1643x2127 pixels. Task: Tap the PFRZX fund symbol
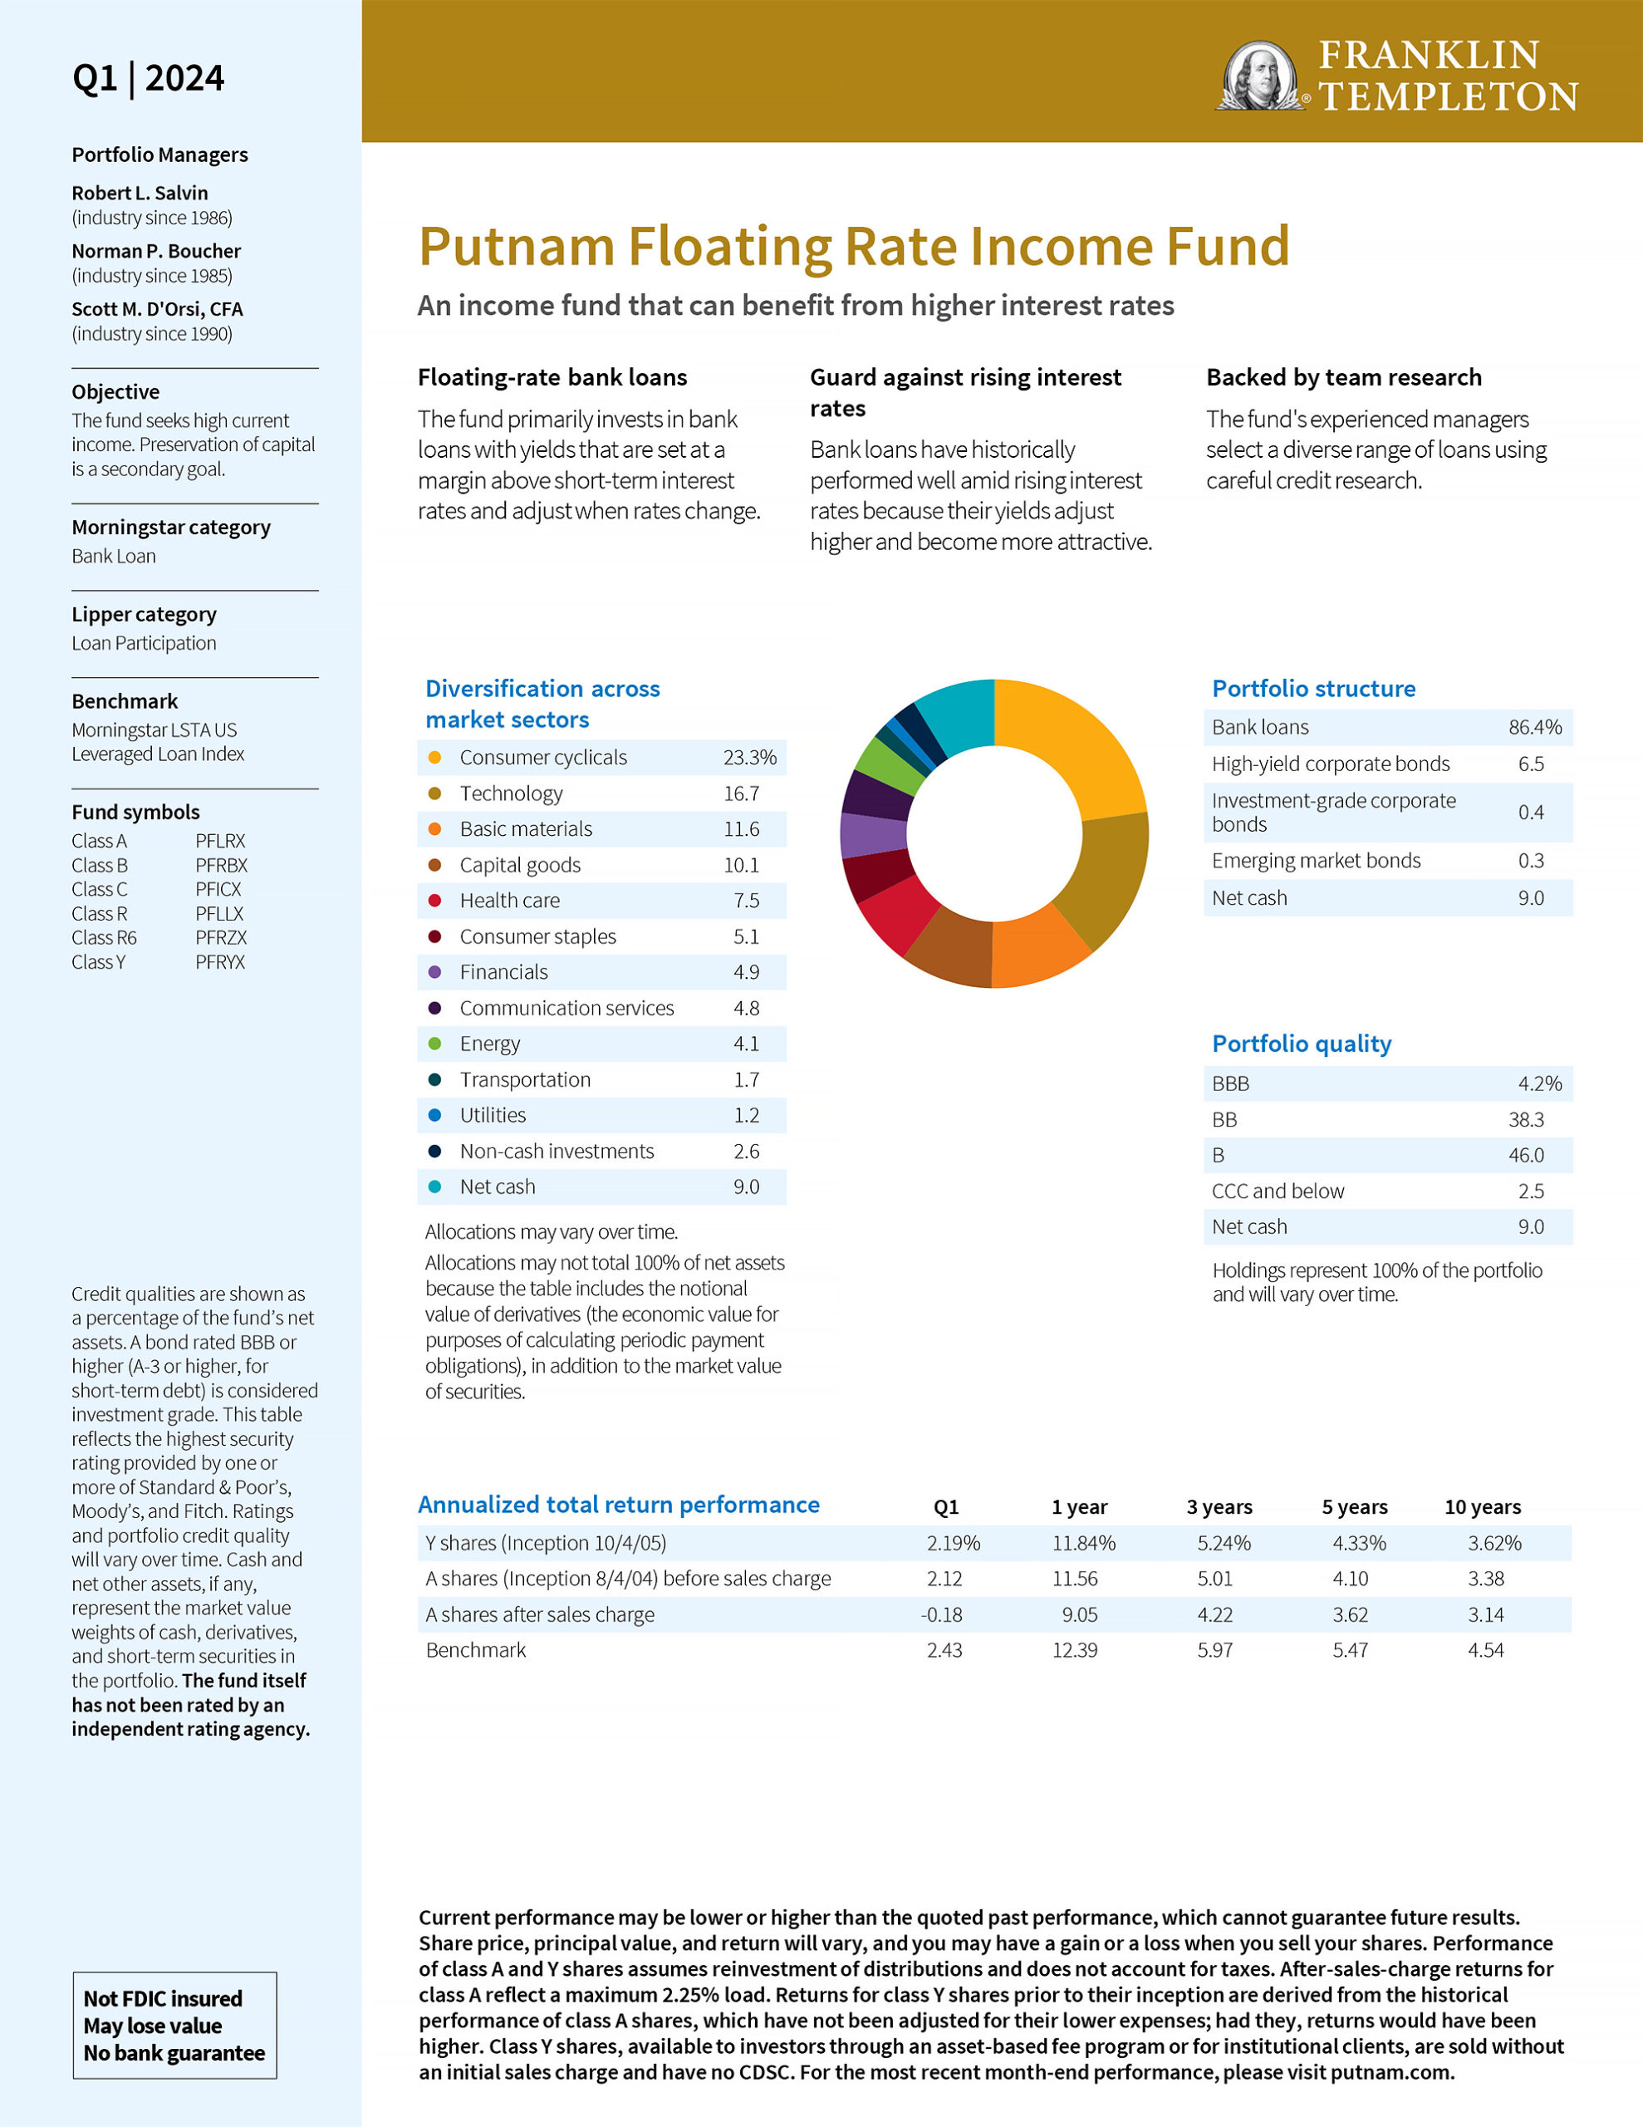click(x=221, y=937)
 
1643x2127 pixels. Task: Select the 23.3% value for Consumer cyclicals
click(x=749, y=757)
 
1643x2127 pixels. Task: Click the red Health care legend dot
click(x=434, y=901)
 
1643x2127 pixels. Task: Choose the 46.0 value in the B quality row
click(x=1526, y=1155)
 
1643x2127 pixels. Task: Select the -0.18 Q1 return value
click(x=942, y=1614)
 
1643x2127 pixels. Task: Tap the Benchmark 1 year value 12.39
click(x=1074, y=1650)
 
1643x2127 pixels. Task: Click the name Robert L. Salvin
click(x=140, y=193)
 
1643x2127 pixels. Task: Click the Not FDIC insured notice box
click(x=174, y=2025)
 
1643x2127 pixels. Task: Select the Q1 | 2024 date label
click(x=148, y=78)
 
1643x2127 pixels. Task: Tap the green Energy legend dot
click(x=434, y=1044)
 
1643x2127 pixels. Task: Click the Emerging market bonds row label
click(x=1316, y=860)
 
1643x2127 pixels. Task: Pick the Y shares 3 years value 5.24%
click(x=1224, y=1543)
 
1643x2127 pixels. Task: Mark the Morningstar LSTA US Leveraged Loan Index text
click(x=158, y=741)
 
